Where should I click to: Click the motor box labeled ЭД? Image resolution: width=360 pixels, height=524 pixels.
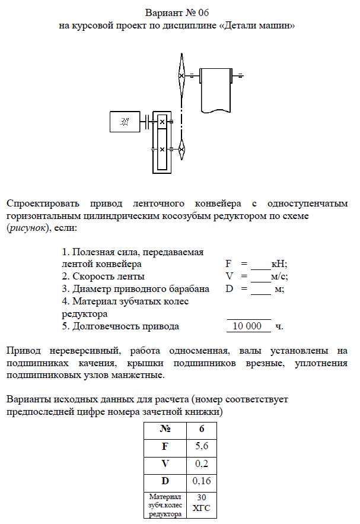click(125, 122)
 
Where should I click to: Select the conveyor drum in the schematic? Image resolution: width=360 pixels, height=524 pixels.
click(215, 88)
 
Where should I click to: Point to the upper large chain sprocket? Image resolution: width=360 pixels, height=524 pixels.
click(182, 75)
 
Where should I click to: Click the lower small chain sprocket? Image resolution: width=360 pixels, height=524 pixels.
click(182, 148)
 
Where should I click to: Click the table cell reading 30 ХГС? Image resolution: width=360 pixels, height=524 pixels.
click(201, 503)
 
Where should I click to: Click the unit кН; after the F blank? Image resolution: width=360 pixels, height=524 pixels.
click(279, 263)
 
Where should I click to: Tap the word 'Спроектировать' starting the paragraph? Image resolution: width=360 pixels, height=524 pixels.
click(43, 204)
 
